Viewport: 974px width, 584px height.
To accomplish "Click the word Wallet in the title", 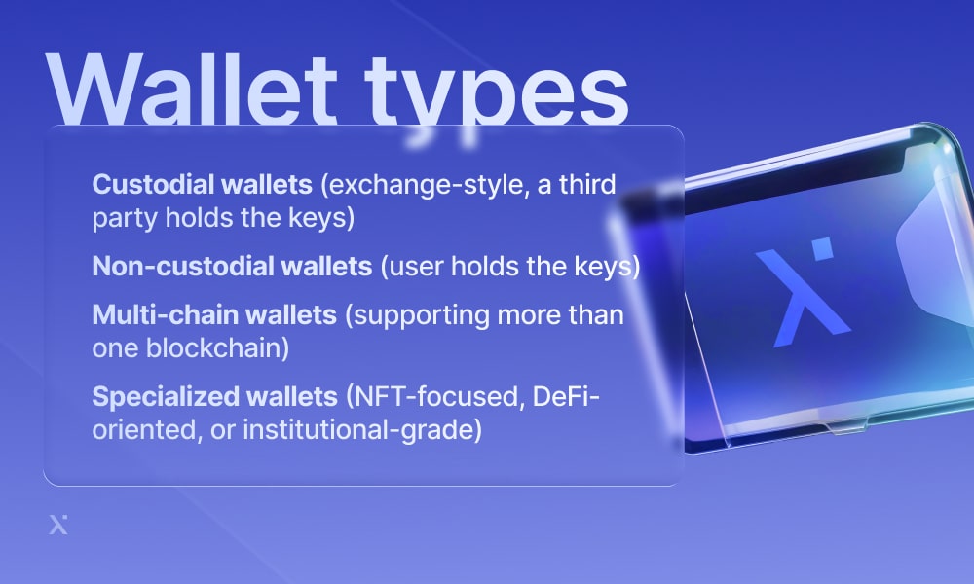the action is coord(191,89).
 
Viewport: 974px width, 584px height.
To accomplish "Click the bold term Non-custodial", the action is coord(183,267).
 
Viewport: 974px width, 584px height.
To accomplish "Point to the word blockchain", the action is coord(217,348).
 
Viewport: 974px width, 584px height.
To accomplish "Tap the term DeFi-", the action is coord(566,396).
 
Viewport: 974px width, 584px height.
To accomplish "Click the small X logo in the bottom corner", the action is coord(58,525).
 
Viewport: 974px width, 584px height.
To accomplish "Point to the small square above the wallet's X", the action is coord(822,248).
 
